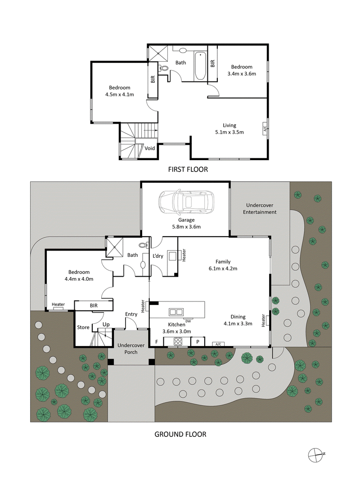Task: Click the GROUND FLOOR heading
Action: [x=180, y=434]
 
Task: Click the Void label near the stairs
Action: [x=149, y=148]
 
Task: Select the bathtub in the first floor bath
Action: [x=200, y=67]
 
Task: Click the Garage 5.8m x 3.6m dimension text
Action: [x=186, y=224]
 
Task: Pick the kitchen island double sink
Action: [x=176, y=311]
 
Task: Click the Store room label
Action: [x=83, y=327]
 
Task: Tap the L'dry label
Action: [x=157, y=256]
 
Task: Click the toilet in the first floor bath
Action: [x=164, y=69]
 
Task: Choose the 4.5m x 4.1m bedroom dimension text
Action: [x=119, y=94]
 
